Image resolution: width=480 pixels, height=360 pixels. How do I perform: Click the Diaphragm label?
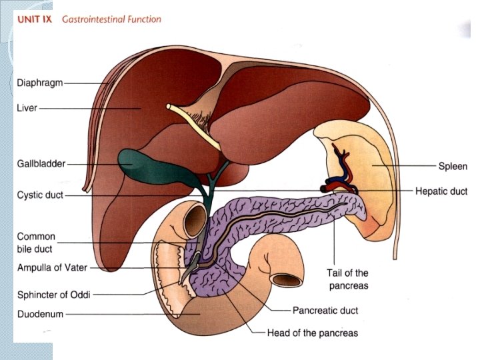pos(40,83)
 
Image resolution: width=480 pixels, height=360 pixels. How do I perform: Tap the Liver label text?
pos(27,107)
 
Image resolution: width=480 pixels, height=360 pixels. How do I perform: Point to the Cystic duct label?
pos(40,195)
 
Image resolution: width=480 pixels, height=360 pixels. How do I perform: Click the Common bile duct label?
pos(36,243)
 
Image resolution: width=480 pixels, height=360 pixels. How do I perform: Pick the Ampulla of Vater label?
pos(51,268)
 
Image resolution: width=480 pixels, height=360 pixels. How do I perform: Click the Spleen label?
pos(453,166)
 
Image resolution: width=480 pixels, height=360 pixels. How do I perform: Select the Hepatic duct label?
pos(441,191)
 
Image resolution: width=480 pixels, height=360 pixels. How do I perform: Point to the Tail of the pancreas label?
pos(347,279)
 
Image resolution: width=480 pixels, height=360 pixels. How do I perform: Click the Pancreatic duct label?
pos(325,311)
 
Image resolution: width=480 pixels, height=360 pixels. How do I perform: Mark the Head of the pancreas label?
pos(312,333)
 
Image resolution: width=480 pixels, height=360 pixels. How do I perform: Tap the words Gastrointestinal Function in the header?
pos(111,19)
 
